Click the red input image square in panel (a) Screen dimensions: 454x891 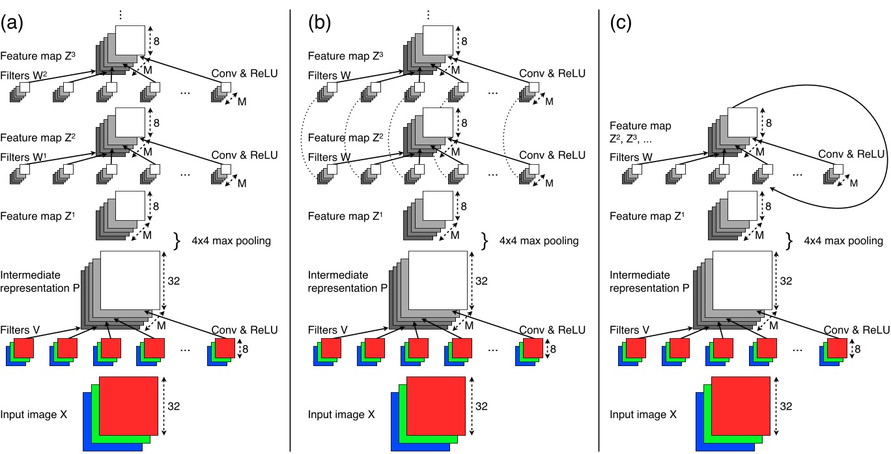[x=128, y=405]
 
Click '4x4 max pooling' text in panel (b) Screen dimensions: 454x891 [x=539, y=241]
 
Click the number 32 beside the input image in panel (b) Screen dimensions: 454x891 [x=481, y=406]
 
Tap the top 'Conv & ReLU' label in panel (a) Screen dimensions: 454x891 [x=244, y=74]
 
